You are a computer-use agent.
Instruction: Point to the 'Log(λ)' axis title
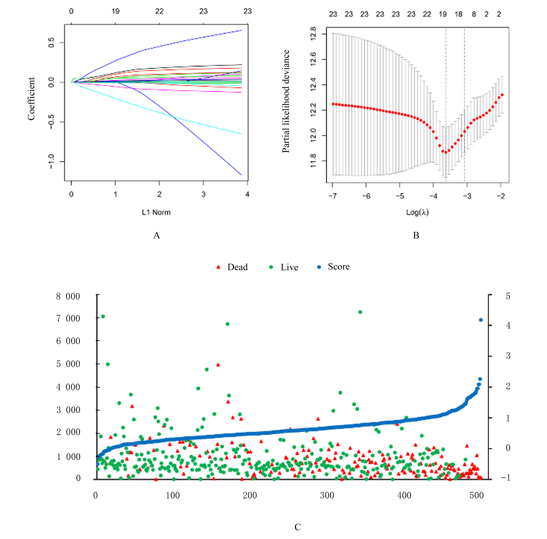(x=417, y=212)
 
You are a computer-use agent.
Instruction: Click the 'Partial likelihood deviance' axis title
(x=286, y=101)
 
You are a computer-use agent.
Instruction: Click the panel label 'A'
(x=157, y=235)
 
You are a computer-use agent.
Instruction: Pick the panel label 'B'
(x=416, y=235)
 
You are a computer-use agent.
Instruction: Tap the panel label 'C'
(x=298, y=527)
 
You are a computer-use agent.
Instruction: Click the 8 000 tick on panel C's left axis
(x=68, y=296)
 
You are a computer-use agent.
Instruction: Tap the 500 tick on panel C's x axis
(x=476, y=495)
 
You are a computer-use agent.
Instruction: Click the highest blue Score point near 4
(x=480, y=320)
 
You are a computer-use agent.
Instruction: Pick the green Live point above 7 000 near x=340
(x=360, y=312)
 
